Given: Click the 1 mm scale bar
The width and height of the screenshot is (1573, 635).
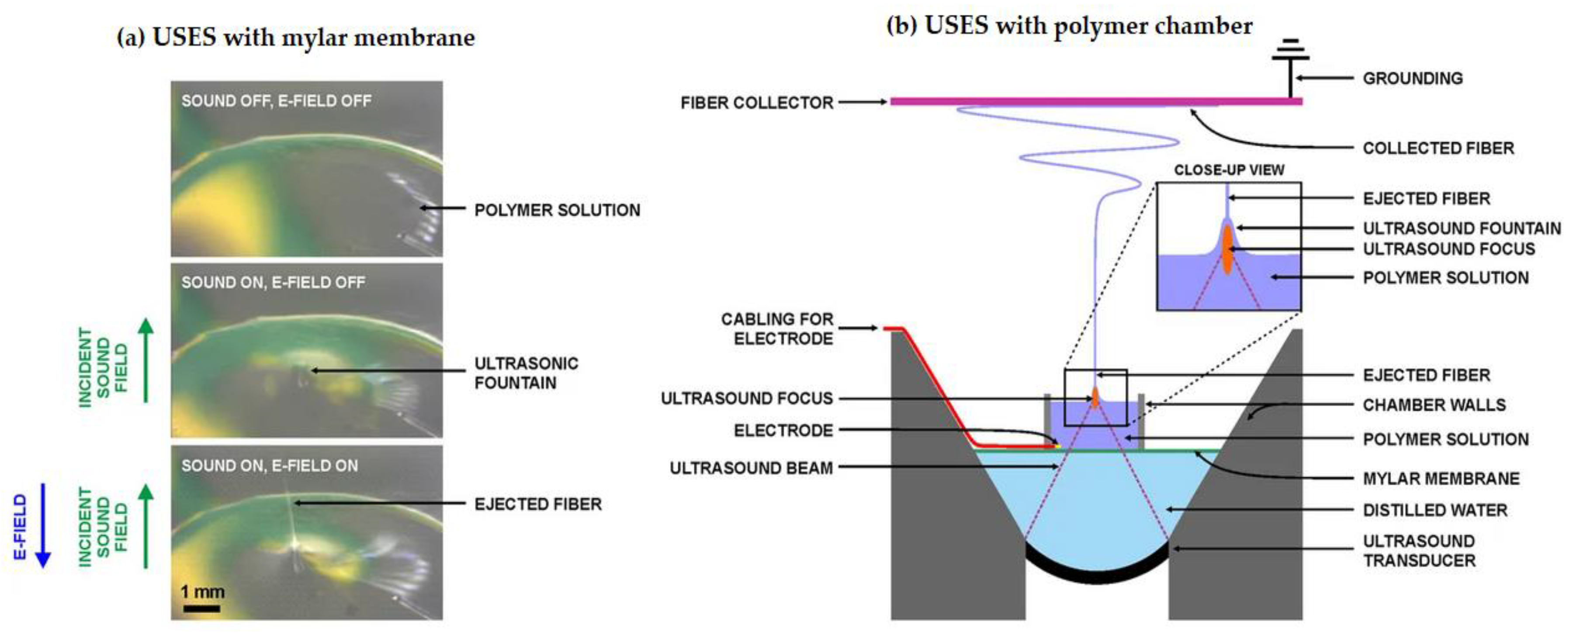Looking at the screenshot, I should click(201, 608).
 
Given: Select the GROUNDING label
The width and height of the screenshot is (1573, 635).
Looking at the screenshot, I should click(1412, 78).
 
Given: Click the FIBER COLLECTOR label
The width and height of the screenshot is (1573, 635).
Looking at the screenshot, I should click(757, 103).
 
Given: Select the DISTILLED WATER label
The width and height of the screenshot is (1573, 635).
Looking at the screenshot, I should click(1435, 510).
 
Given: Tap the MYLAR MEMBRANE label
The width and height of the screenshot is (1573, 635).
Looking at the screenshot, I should click(1441, 478).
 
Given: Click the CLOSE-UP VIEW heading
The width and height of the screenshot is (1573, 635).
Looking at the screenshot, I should click(1229, 170).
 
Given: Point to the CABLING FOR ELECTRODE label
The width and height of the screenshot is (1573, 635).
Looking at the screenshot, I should click(777, 328).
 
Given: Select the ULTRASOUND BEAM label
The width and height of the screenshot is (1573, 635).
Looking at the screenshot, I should click(751, 468).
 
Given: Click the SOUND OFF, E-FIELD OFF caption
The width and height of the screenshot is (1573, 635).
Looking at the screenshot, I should click(276, 101).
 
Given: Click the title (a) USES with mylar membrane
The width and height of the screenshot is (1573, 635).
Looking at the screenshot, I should click(295, 38).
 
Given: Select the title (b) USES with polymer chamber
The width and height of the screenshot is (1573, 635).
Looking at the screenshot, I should click(1069, 26).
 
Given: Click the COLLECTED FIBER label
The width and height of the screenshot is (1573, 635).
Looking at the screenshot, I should click(1438, 148).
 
